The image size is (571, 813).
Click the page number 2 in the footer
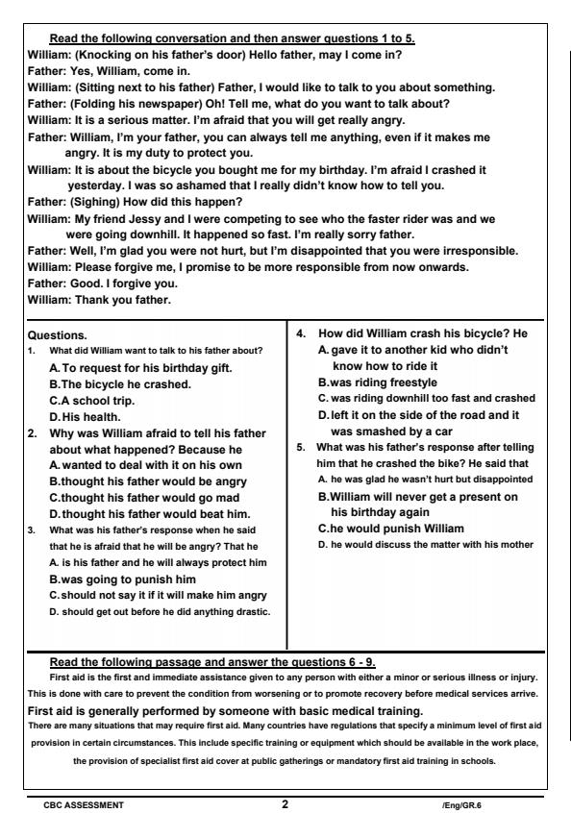285,803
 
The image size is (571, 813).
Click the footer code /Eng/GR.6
460,804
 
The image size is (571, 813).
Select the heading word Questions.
58,335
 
